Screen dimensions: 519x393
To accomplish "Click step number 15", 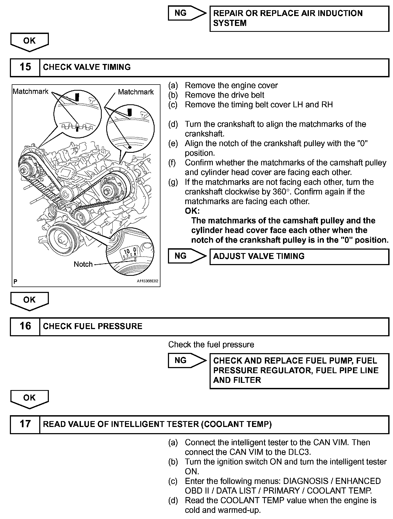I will tap(25, 67).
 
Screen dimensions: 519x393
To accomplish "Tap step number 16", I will tap(25, 326).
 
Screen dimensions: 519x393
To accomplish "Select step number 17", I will tap(25, 424).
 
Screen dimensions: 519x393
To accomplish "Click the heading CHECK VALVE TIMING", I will tap(87, 67).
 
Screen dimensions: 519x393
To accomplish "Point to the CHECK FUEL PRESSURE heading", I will tap(93, 326).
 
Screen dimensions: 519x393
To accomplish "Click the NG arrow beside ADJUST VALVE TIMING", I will tap(187, 256).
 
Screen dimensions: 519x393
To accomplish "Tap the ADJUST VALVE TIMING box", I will tap(299, 257).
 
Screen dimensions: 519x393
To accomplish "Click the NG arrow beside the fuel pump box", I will tap(187, 360).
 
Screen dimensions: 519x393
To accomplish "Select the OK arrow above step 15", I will tap(29, 42).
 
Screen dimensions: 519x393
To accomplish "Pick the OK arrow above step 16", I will tap(29, 301).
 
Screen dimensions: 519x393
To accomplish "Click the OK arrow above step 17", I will tap(29, 399).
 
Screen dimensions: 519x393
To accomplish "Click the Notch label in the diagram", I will tap(83, 264).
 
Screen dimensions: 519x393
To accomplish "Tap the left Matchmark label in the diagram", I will tap(30, 91).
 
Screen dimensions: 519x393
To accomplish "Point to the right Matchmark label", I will tap(136, 92).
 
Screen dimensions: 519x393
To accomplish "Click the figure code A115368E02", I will tap(147, 281).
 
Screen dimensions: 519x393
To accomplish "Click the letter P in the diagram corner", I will tap(15, 281).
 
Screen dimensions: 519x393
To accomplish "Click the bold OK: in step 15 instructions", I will tap(192, 211).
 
